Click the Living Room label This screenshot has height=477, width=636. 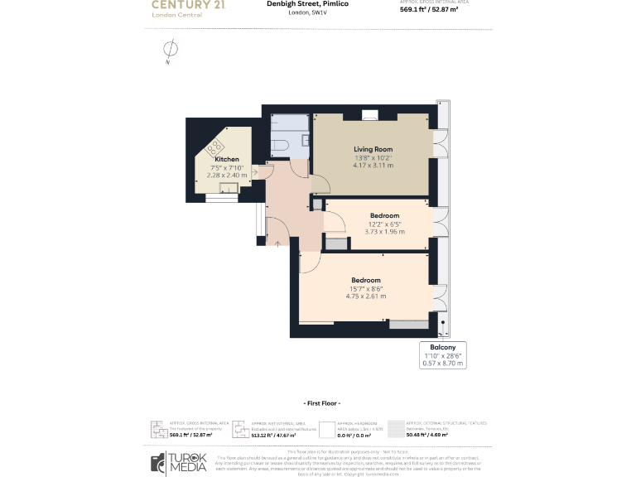click(373, 149)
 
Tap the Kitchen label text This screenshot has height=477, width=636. click(226, 159)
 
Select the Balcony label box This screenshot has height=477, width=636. click(442, 354)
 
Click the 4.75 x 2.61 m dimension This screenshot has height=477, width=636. click(365, 296)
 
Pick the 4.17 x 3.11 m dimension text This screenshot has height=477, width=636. click(373, 165)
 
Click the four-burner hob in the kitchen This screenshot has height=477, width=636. click(215, 148)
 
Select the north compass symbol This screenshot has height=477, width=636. click(168, 49)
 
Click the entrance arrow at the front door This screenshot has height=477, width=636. click(277, 242)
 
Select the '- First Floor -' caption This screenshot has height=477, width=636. click(318, 402)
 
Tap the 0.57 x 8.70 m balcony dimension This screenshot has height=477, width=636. click(442, 363)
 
